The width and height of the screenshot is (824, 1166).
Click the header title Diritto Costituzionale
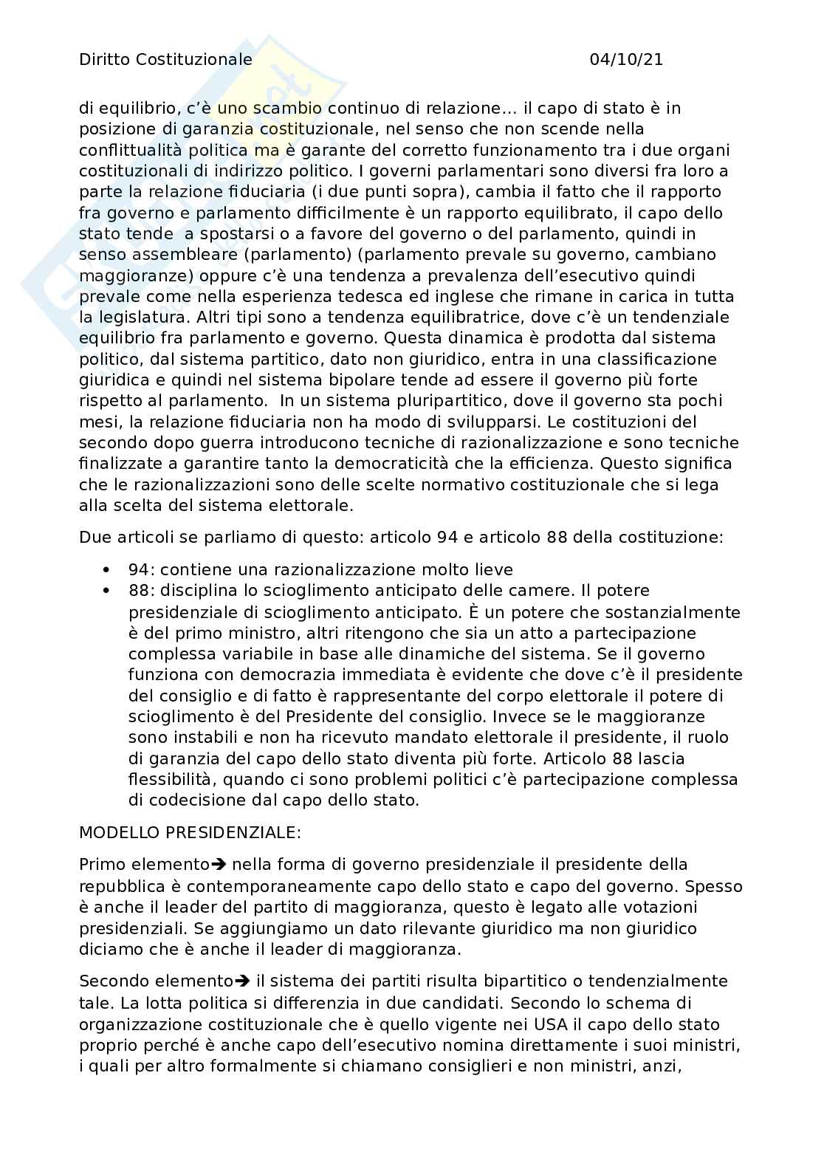tap(165, 60)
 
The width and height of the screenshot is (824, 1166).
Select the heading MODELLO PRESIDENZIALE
tap(190, 832)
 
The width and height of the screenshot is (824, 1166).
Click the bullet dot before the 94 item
tap(109, 569)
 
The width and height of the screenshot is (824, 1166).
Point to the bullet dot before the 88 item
tap(109, 591)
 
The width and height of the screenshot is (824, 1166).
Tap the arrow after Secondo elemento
tap(243, 981)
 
